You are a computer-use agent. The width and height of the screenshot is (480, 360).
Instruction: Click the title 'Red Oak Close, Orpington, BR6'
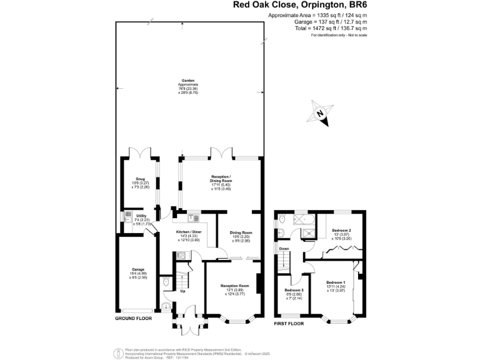[300, 5]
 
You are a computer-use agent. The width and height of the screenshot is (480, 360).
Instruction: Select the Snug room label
[139, 179]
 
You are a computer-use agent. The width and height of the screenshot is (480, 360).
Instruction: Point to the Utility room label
[141, 216]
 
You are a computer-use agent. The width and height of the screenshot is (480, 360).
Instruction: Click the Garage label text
[137, 269]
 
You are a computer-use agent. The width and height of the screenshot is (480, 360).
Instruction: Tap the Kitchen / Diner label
[189, 232]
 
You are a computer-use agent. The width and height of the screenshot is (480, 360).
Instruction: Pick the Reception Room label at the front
[235, 286]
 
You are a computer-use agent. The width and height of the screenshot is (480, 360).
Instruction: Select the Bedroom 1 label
[336, 282]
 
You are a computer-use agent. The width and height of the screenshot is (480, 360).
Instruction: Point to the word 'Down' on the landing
[284, 248]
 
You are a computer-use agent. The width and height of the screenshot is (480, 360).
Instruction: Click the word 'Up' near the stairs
[182, 291]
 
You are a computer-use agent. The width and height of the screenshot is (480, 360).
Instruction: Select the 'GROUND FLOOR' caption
[133, 319]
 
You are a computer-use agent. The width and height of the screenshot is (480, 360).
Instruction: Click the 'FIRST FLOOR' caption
[289, 324]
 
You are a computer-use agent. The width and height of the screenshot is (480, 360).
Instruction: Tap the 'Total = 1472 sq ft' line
[331, 28]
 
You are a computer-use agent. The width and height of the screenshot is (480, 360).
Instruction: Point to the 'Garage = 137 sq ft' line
[331, 21]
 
